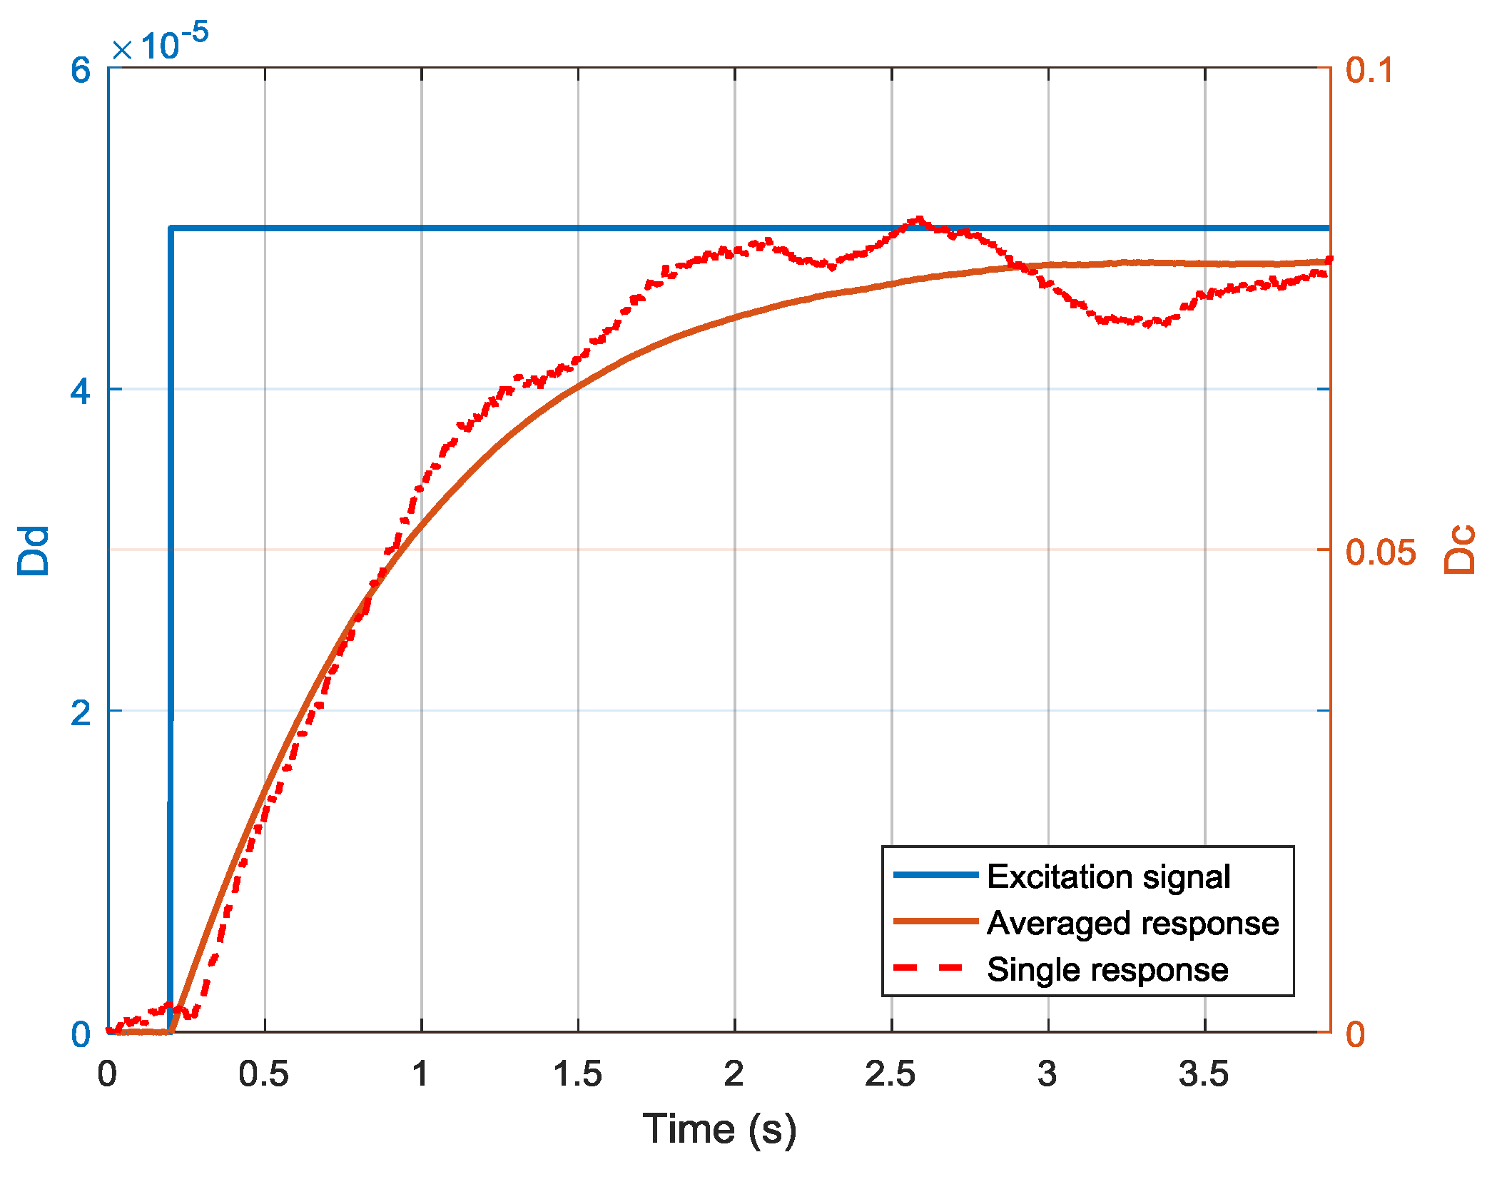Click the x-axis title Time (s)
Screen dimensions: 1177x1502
point(719,1129)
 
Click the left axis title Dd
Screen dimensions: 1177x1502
point(34,550)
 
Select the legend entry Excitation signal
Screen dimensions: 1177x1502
point(1108,877)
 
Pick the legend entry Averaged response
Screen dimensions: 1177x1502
point(1132,923)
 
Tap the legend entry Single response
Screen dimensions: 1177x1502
point(1107,969)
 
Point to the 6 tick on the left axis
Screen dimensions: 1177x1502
point(81,70)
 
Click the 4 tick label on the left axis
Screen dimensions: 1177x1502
point(81,390)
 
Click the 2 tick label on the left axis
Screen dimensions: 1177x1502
point(81,712)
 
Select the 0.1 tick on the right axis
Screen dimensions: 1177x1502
point(1369,70)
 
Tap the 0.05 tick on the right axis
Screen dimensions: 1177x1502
point(1380,552)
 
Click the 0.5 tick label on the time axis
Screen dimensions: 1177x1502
point(264,1074)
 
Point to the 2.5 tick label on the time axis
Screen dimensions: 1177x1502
point(890,1074)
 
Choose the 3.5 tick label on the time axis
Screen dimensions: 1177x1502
point(1204,1074)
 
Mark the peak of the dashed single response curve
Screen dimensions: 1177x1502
point(919,219)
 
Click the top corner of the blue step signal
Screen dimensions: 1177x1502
point(171,228)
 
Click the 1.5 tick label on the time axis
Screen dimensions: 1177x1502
point(577,1074)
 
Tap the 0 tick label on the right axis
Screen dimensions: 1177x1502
point(1355,1034)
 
